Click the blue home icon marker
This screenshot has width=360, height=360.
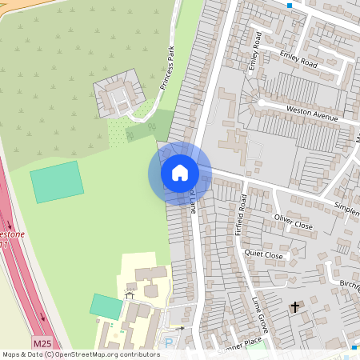180,172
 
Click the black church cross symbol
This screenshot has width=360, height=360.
294,306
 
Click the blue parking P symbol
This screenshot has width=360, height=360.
168,342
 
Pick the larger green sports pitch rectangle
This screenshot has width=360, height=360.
57,182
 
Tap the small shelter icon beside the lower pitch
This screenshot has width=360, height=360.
129,295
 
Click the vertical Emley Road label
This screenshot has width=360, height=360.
256,51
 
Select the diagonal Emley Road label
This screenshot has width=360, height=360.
299,58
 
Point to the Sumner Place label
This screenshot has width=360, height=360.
240,342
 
